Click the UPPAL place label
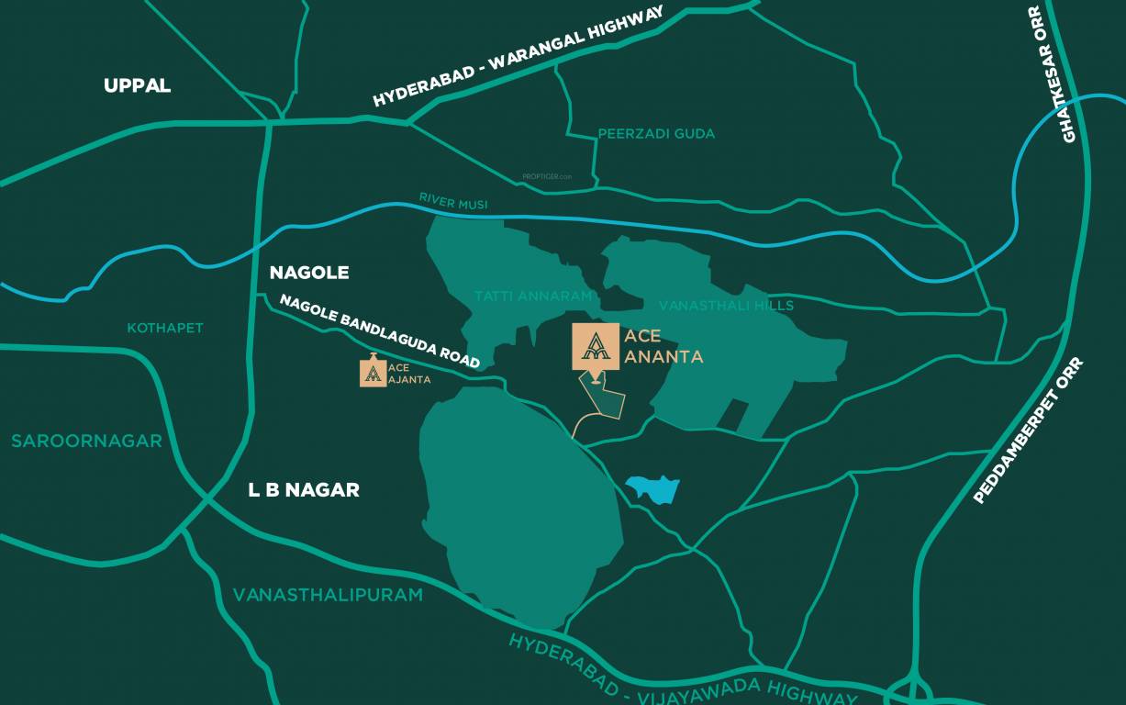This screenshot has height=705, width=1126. coord(137,85)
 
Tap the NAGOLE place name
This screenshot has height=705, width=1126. coord(309,273)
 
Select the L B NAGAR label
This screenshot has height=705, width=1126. coord(304,490)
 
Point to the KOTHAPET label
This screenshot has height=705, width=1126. coord(165,328)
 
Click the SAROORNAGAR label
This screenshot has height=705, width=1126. coord(86,442)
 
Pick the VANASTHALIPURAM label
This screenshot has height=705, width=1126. coord(328,595)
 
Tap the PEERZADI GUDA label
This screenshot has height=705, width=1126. coord(656,134)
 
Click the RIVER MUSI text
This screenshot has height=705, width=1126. coord(453,201)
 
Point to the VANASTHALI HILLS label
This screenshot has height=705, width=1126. coord(726,305)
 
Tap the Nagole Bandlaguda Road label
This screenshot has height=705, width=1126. coord(380,331)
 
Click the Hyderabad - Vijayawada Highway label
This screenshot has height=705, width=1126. coord(683,670)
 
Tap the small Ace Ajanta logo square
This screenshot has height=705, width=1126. coord(373,374)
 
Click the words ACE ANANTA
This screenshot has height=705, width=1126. coord(663,346)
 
